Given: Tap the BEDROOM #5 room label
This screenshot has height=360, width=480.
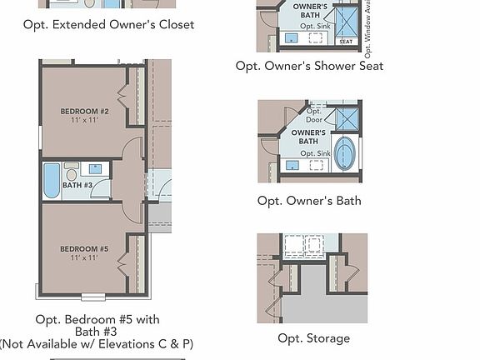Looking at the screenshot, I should pos(84,248).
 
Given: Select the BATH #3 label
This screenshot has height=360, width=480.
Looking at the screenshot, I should pos(77,185).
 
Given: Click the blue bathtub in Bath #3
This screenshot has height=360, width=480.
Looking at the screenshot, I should pos(52,180).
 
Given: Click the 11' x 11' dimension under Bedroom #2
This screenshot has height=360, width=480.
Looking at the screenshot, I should pos(84,120).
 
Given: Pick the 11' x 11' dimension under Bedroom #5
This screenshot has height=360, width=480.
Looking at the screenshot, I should pos(84,258).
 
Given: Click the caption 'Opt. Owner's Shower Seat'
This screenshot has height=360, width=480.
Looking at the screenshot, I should pos(309,66).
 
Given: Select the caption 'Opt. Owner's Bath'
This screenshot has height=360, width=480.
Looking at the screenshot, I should pos(309,201).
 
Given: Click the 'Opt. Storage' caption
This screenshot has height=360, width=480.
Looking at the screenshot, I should pos(313,338).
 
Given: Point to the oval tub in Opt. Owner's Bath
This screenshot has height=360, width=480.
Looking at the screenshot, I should pos(344,154).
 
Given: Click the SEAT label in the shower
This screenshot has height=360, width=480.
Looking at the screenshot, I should pos(346,42).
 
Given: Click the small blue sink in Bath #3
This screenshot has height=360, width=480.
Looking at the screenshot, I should pos(95,169).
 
